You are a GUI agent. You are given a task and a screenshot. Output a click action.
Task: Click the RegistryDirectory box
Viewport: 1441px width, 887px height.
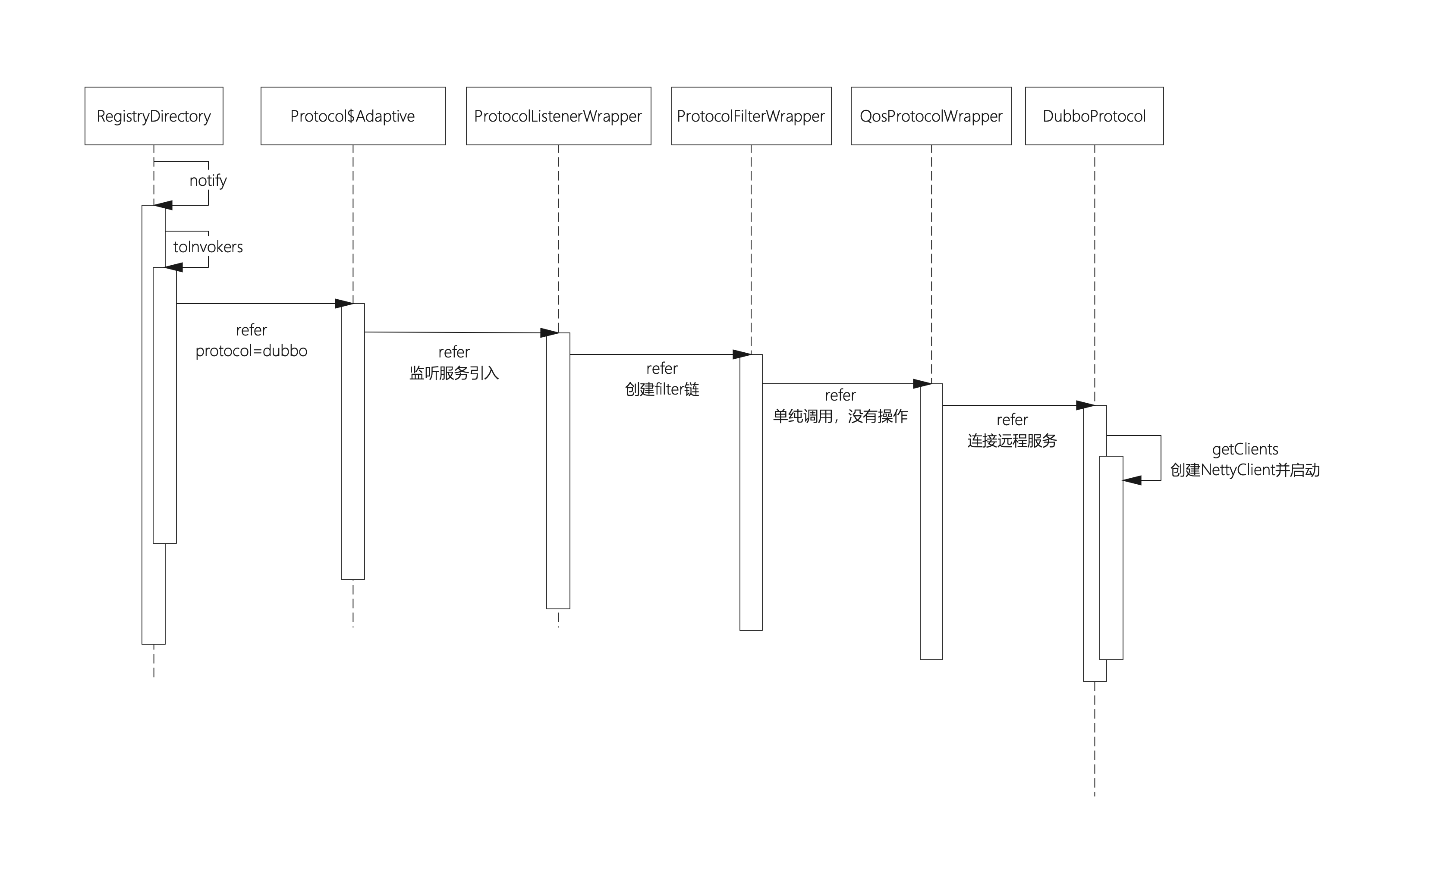click(x=154, y=116)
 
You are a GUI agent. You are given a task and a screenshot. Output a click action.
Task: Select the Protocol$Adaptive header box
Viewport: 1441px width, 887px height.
click(x=353, y=116)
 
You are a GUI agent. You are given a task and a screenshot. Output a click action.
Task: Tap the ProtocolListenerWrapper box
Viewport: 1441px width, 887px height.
click(x=558, y=116)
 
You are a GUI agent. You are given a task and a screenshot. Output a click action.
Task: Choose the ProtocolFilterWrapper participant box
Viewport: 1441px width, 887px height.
click(x=751, y=116)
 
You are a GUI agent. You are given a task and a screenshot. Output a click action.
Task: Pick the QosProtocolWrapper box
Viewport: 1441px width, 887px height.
click(x=931, y=116)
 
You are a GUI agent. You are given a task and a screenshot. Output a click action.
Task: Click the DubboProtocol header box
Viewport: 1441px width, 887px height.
click(x=1094, y=116)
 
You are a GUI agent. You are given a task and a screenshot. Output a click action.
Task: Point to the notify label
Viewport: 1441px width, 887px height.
click(x=208, y=181)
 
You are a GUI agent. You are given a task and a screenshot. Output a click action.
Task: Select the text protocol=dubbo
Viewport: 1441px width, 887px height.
click(x=251, y=351)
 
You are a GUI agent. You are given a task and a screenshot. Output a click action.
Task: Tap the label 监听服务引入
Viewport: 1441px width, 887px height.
click(x=454, y=373)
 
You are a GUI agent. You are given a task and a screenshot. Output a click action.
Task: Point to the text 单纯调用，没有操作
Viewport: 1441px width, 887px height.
click(x=840, y=417)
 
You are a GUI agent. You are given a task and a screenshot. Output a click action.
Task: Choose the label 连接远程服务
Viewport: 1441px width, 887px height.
click(x=1012, y=441)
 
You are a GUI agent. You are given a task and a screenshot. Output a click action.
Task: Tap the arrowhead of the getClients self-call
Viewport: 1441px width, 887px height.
click(x=1132, y=480)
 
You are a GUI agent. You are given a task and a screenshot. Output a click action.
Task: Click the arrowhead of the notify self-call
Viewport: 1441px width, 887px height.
click(x=163, y=205)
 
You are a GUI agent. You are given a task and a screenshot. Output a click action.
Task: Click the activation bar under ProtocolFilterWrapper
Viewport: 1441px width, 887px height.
click(x=751, y=492)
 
